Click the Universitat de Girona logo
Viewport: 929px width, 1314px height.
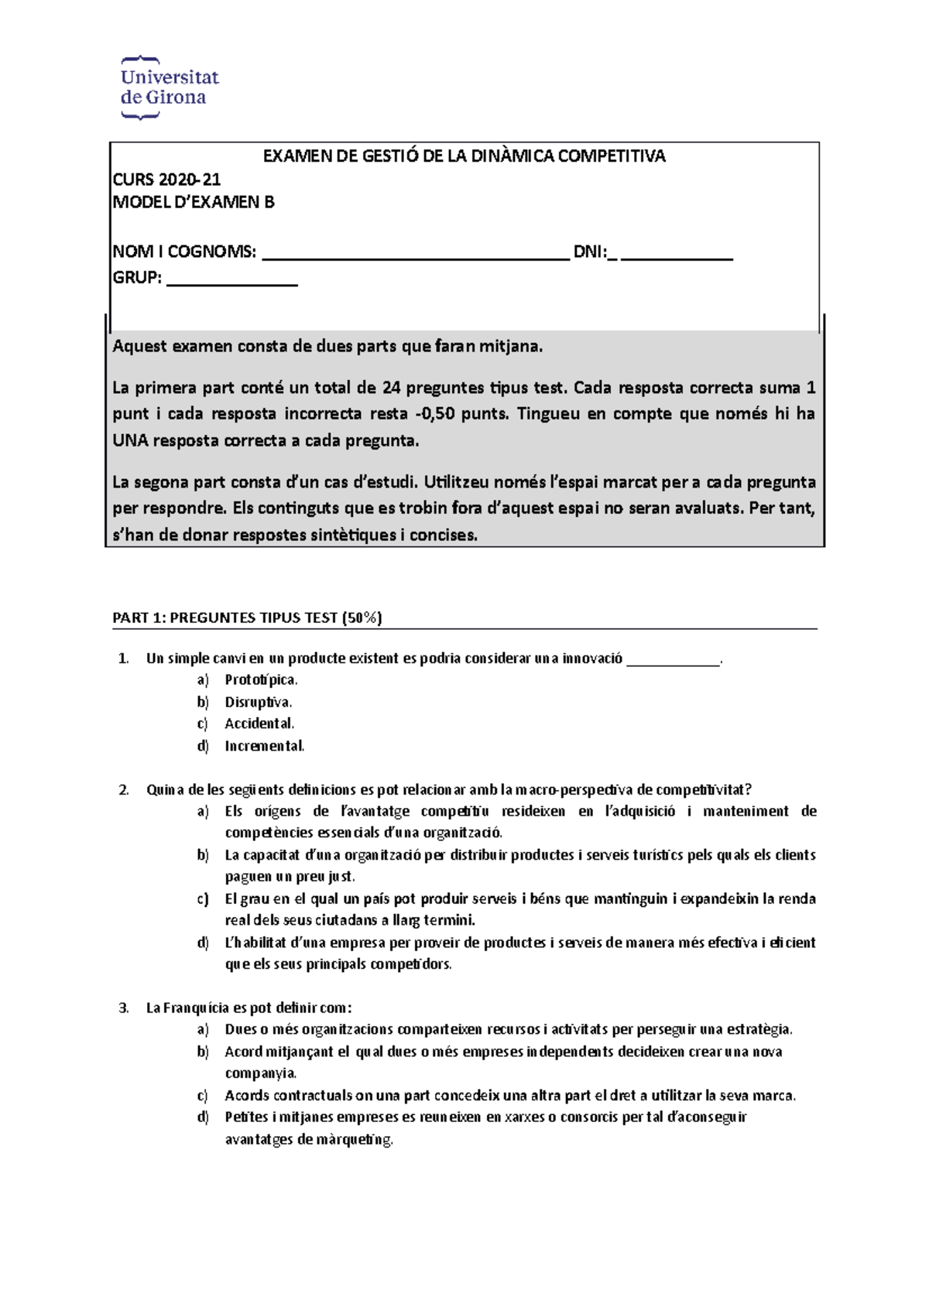(x=169, y=87)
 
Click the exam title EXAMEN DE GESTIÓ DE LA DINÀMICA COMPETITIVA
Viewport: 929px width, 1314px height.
(x=464, y=156)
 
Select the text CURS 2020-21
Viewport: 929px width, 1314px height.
(x=166, y=180)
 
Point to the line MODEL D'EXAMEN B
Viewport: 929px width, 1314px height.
(x=194, y=202)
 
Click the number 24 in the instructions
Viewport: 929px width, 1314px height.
(x=391, y=388)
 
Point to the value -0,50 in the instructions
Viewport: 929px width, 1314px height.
(x=434, y=414)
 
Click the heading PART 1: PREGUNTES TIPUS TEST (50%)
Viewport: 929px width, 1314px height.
(x=247, y=618)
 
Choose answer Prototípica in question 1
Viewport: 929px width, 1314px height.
(x=261, y=680)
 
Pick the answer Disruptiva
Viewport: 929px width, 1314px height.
(x=258, y=703)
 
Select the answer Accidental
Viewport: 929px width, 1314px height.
(x=259, y=724)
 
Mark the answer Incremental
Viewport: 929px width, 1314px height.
(x=264, y=747)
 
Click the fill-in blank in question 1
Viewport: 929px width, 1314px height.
(x=673, y=660)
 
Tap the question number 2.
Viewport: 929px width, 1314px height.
(x=124, y=790)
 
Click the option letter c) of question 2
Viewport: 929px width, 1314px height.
(x=203, y=899)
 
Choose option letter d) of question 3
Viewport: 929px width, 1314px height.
(x=203, y=1117)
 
